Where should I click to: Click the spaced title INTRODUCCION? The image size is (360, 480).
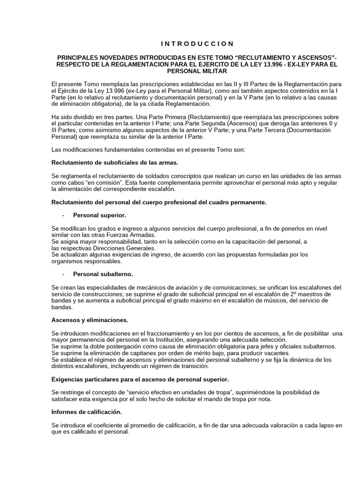click(197, 44)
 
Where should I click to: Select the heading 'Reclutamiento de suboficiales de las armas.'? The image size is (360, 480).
click(115, 163)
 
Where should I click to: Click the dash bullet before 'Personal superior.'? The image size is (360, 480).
click(63, 215)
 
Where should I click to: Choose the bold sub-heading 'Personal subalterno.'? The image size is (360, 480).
click(103, 273)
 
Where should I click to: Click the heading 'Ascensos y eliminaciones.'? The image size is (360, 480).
click(90, 320)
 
